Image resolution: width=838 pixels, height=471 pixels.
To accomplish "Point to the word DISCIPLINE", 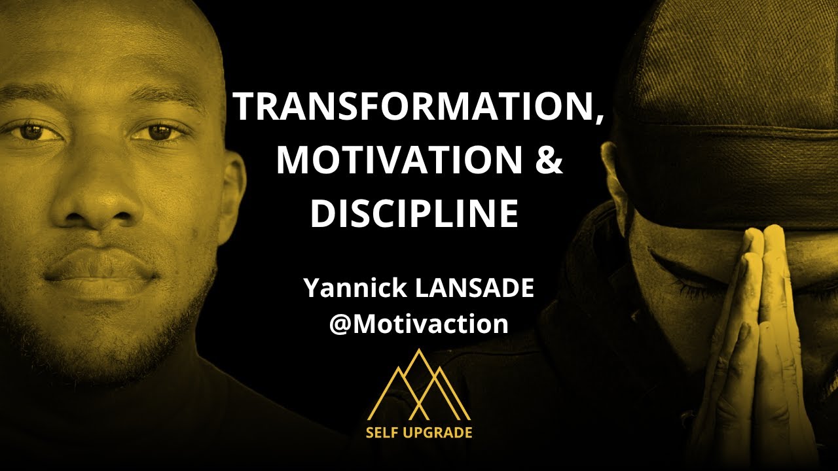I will [x=414, y=213].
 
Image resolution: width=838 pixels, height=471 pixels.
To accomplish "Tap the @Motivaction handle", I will [x=419, y=324].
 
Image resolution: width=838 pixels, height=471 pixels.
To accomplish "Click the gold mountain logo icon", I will [x=419, y=386].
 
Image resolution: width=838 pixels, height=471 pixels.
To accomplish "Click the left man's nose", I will [x=98, y=203].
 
